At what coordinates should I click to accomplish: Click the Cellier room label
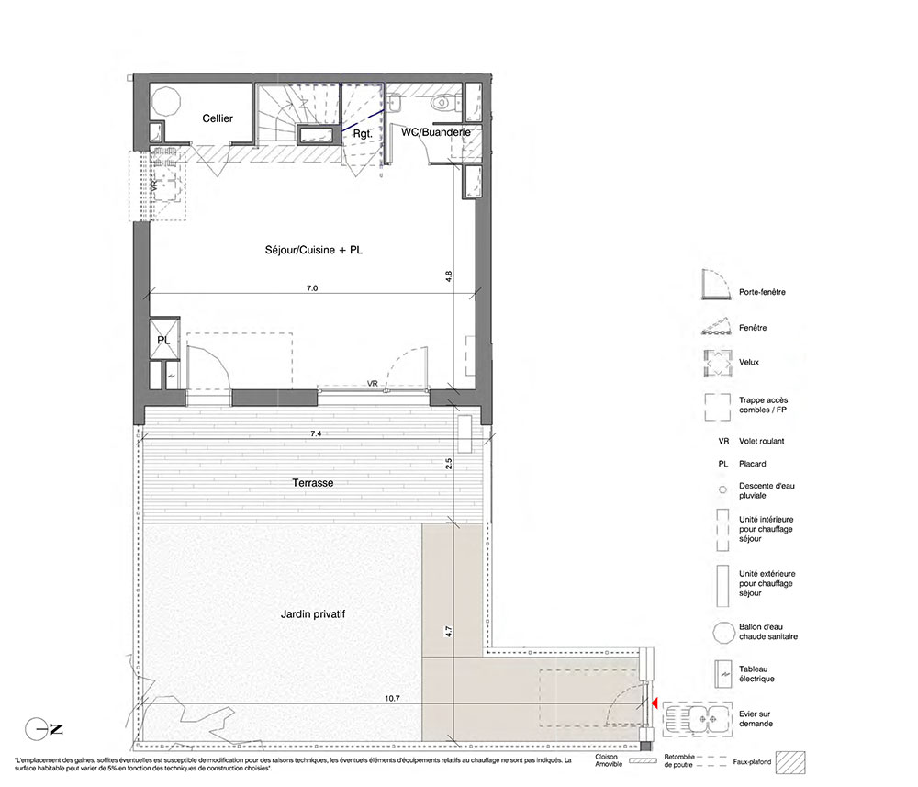[x=218, y=118]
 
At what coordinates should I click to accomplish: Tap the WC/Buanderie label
[x=435, y=132]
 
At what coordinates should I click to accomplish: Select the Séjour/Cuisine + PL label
[x=314, y=250]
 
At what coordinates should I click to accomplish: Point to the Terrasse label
[x=313, y=483]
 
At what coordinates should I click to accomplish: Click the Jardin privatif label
[x=313, y=614]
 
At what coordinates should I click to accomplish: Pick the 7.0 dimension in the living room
[x=312, y=288]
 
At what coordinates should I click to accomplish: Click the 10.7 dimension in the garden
[x=392, y=699]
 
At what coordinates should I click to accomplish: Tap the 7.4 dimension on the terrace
[x=316, y=433]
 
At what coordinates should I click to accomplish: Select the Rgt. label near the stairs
[x=363, y=134]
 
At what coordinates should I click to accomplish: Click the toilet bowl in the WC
[x=441, y=104]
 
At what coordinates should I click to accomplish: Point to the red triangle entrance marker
[x=655, y=703]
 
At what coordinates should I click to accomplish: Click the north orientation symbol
[x=43, y=730]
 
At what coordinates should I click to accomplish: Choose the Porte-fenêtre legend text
[x=762, y=292]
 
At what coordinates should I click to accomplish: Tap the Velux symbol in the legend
[x=717, y=363]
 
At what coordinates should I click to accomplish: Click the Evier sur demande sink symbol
[x=698, y=718]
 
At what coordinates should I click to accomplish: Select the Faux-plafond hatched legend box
[x=790, y=762]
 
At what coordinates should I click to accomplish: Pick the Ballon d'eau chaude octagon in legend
[x=723, y=633]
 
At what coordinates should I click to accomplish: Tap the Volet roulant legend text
[x=761, y=441]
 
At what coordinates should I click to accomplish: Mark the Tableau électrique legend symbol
[x=723, y=674]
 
